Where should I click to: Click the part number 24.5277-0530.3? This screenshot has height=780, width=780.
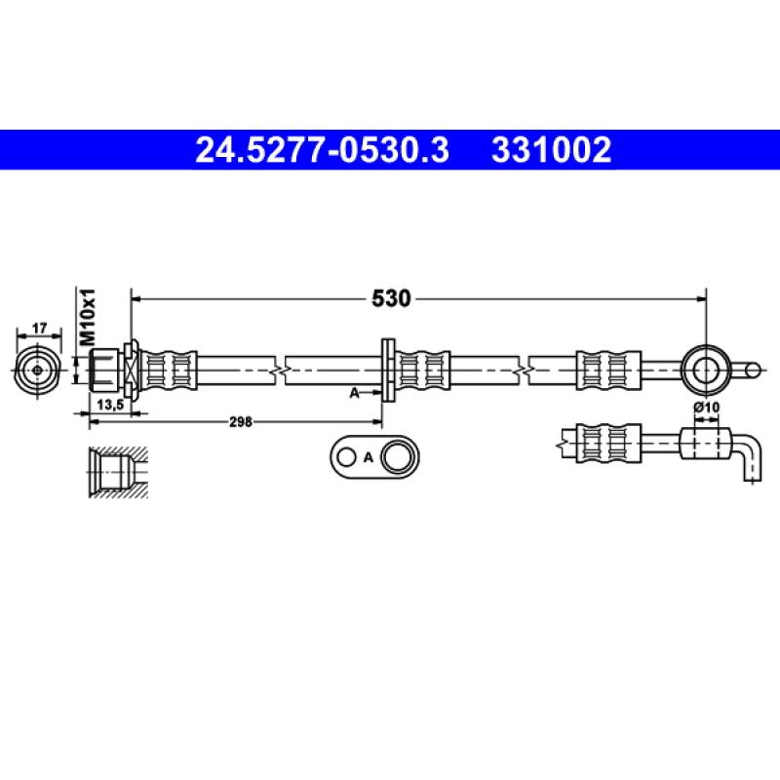323,150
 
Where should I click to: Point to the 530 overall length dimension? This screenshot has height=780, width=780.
390,298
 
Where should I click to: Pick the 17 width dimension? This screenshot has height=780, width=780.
39,330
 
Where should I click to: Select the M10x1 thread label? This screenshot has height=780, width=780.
87,315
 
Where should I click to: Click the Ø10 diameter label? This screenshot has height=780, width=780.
705,407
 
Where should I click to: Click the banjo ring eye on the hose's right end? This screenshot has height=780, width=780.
705,369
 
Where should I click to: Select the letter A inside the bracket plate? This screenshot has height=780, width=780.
369,456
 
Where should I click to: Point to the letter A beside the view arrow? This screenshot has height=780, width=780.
355,392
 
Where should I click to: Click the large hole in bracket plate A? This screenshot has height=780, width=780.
396,456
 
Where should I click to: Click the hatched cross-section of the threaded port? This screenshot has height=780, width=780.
117,474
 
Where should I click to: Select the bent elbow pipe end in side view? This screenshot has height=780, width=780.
749,458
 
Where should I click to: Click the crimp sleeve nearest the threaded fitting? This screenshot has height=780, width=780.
169,370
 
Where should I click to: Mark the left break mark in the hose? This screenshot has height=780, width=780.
280,370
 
